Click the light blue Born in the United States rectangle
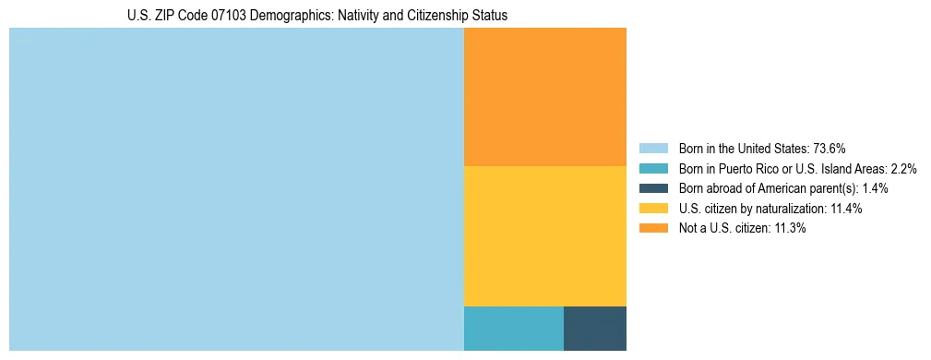tap(236, 189)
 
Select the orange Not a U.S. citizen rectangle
tap(544, 97)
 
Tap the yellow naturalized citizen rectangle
tap(544, 235)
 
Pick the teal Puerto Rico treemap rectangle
tap(513, 328)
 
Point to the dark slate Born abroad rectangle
tap(594, 328)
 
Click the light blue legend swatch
tap(653, 148)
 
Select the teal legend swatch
tap(653, 168)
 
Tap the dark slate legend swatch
tap(653, 188)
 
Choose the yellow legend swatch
tap(653, 209)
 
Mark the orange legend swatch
tap(653, 228)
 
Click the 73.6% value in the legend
tap(830, 148)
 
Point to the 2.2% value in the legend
tap(903, 168)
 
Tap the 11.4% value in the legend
tap(846, 209)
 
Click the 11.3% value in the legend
tap(790, 228)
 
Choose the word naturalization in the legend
tap(790, 209)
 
